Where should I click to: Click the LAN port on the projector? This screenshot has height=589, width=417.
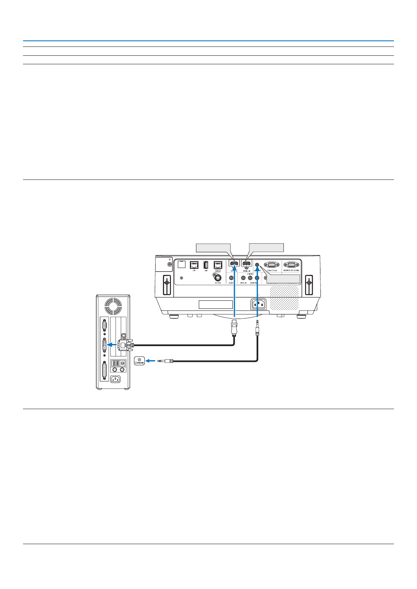[194, 265]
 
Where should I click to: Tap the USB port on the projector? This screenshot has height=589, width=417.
[206, 265]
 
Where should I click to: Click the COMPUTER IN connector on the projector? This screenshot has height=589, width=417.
[272, 265]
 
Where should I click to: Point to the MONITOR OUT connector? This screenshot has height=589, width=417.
[291, 265]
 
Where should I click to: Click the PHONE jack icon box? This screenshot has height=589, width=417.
[139, 361]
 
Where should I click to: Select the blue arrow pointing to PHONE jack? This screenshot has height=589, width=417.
[150, 361]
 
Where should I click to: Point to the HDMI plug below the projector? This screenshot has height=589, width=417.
[234, 328]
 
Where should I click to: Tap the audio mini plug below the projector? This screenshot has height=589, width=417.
[257, 327]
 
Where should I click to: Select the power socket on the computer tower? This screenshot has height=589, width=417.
[115, 379]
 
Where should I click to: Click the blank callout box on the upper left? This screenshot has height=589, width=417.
[213, 248]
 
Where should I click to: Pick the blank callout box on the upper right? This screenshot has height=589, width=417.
[267, 247]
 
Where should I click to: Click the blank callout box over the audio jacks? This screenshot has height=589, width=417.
[283, 279]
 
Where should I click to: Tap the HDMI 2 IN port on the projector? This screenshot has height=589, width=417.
[246, 265]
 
